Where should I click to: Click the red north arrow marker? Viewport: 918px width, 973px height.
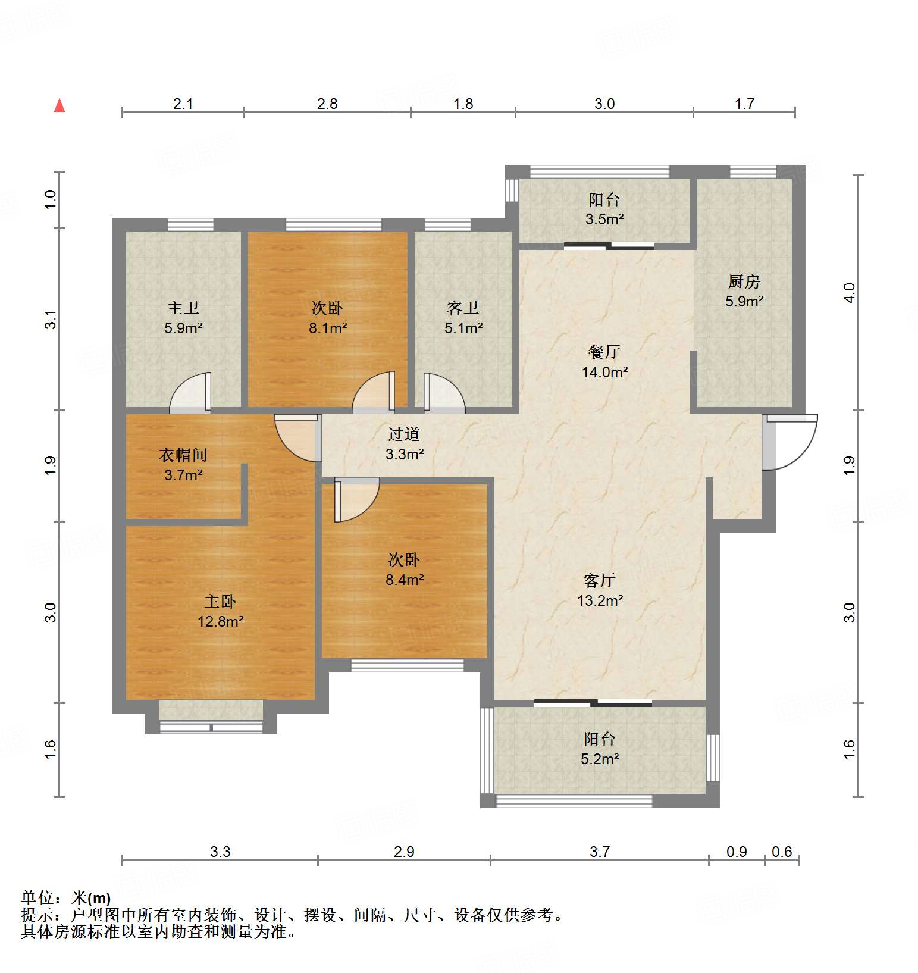59,106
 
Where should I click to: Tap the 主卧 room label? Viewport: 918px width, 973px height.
220,601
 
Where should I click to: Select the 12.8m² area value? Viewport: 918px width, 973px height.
220,622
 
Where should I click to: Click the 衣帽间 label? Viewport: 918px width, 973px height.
183,455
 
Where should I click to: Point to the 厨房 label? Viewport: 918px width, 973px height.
744,281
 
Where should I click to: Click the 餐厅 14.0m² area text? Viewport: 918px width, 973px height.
604,373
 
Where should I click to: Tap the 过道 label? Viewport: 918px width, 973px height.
404,434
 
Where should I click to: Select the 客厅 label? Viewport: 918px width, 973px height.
600,580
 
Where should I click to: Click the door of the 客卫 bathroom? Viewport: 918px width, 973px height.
443,394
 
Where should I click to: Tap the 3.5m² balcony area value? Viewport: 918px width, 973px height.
604,220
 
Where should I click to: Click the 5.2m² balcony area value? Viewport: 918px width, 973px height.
600,759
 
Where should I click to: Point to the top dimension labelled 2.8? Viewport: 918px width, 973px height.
327,104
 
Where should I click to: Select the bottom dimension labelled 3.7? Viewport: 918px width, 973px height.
600,852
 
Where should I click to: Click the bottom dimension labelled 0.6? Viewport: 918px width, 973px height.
782,852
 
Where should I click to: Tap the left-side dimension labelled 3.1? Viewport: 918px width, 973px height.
51,320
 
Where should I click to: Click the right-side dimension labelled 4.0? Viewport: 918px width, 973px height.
850,293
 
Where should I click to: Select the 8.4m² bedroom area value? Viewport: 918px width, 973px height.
405,580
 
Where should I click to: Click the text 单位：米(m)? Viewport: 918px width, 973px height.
66,898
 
